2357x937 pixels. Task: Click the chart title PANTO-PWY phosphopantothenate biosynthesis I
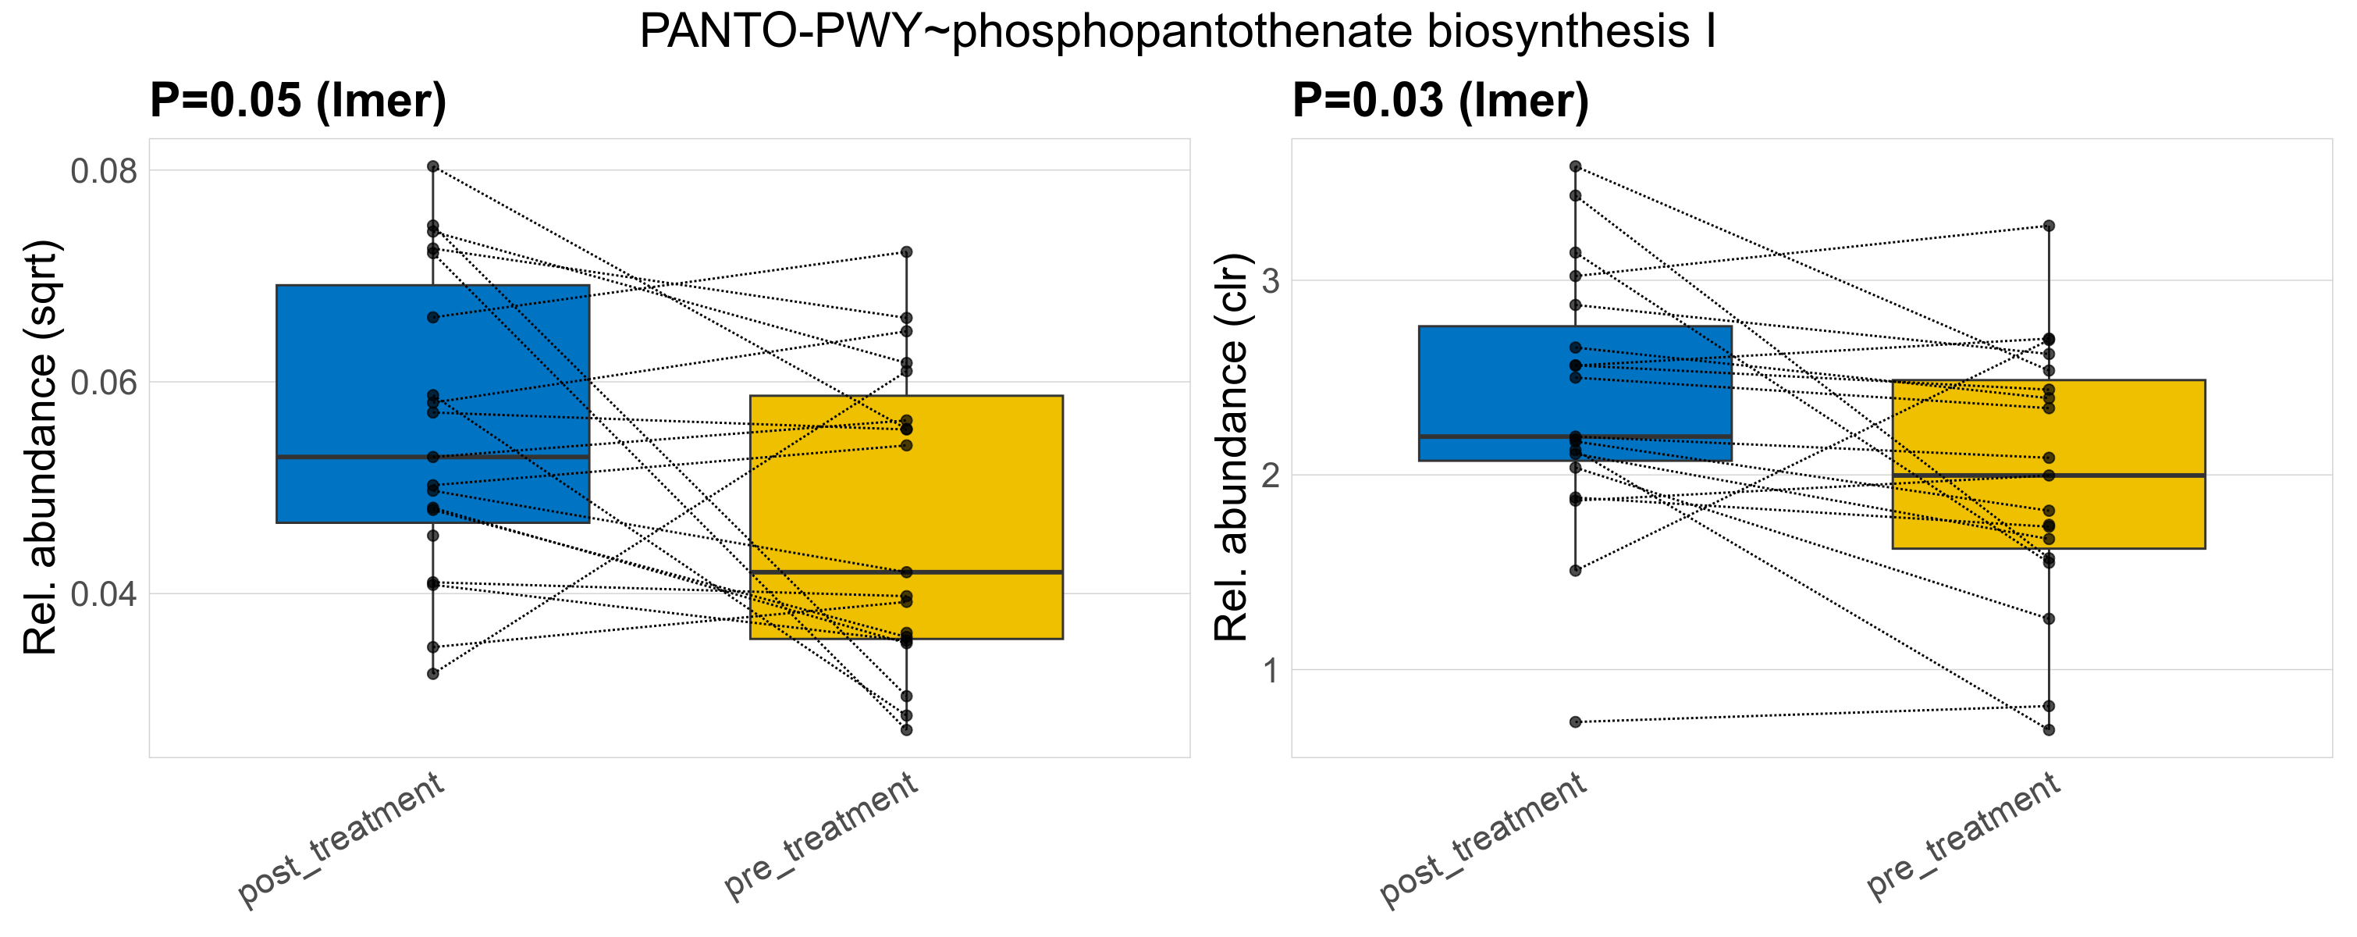[1178, 32]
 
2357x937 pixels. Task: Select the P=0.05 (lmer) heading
[298, 100]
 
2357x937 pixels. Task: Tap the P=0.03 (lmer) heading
[1440, 100]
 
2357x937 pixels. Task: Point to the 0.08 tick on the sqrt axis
[103, 171]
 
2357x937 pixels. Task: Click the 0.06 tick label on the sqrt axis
[103, 383]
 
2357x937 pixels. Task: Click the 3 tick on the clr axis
[1270, 281]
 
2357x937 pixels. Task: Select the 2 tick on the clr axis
[1270, 476]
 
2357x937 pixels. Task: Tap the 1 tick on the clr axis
[1270, 671]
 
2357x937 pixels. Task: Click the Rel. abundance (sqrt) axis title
[41, 447]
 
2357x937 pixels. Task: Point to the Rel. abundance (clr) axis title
[1231, 447]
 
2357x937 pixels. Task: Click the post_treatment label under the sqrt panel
[341, 840]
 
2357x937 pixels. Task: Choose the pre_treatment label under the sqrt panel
[821, 835]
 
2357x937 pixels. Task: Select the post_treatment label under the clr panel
[1483, 840]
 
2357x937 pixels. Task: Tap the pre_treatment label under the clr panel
[1963, 835]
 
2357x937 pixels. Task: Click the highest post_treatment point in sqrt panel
[433, 166]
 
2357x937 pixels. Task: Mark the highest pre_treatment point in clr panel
[2049, 226]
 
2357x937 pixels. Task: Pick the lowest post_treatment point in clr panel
[1576, 722]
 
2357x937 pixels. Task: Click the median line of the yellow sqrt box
[906, 572]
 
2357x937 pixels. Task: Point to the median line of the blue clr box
[1576, 436]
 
